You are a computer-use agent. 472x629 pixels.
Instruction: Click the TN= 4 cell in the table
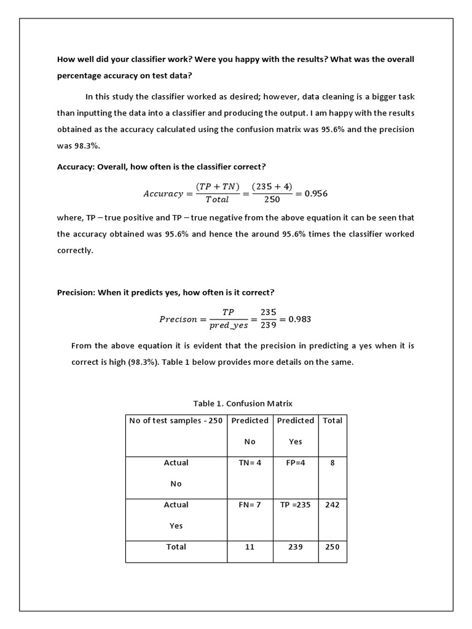[x=250, y=463]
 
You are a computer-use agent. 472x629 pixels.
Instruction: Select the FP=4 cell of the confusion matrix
[x=296, y=463]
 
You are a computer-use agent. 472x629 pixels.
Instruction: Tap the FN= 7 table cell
[x=250, y=504]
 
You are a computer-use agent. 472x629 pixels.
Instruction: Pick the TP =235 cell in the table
[x=296, y=504]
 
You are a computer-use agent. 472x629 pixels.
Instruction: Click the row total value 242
[x=332, y=504]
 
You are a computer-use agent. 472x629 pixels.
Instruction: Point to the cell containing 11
[x=250, y=547]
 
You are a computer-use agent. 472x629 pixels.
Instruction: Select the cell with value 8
[x=332, y=463]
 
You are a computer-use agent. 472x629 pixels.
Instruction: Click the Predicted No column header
[x=250, y=431]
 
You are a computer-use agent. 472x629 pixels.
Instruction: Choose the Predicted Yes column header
[x=296, y=431]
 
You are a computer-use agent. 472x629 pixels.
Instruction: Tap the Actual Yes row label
[x=176, y=515]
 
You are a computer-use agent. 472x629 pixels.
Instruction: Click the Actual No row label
[x=176, y=473]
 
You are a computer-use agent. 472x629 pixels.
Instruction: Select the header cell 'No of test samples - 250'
[x=176, y=421]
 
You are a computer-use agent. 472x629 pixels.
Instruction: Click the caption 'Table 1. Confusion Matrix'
[x=243, y=404]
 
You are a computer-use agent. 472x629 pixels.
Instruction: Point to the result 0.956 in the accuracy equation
[x=312, y=193]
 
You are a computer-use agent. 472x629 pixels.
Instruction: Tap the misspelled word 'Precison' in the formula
[x=178, y=319]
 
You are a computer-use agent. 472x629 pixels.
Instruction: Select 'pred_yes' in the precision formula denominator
[x=229, y=326]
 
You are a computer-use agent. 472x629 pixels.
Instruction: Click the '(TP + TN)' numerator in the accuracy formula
[x=218, y=187]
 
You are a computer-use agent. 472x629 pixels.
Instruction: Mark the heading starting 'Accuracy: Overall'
[x=161, y=166]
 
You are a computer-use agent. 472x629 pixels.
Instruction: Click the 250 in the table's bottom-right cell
[x=332, y=547]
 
